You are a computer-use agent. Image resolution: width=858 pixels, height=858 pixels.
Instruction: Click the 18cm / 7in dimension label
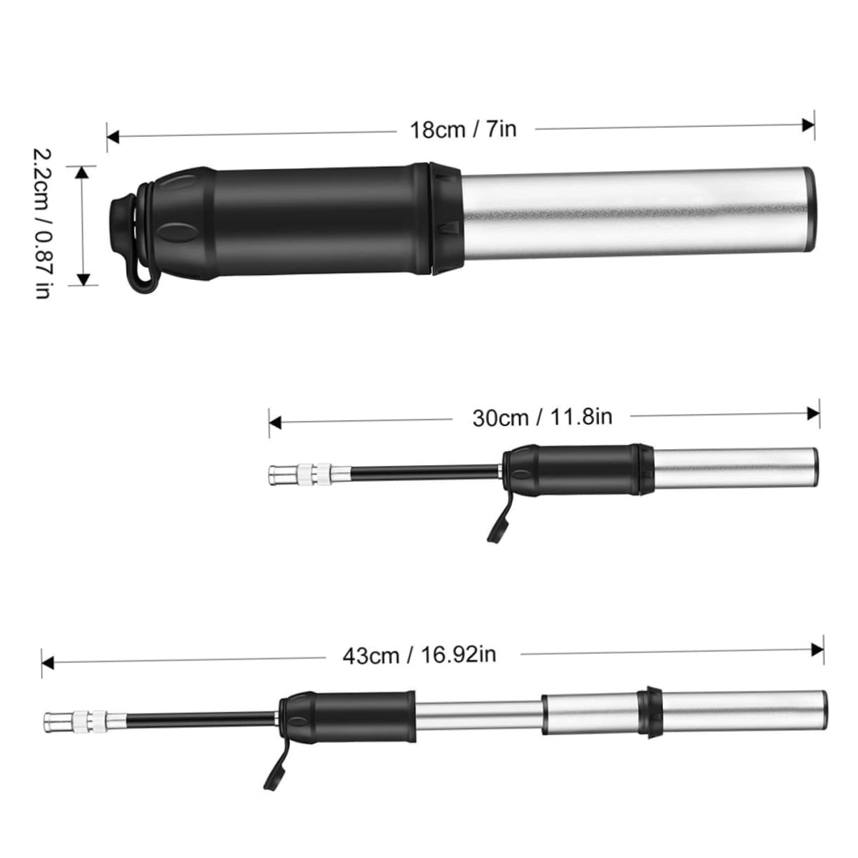tap(463, 130)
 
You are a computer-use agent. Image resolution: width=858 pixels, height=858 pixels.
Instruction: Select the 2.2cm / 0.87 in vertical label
tap(42, 223)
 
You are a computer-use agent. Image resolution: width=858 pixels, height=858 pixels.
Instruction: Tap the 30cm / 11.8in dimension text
tap(542, 417)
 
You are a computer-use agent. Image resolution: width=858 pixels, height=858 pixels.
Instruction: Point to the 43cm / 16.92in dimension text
tap(420, 655)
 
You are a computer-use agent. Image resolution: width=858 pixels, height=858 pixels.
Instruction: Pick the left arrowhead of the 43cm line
tap(48, 661)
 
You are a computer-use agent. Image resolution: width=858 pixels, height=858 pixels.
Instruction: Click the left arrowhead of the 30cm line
tap(274, 422)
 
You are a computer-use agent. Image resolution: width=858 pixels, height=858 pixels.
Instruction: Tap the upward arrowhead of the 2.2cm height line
tap(83, 172)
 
